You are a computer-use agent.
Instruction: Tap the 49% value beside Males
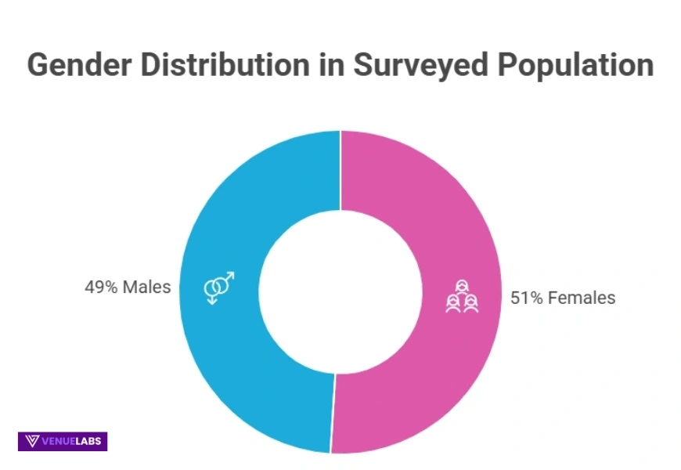coord(101,287)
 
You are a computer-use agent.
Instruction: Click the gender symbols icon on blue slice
coord(218,287)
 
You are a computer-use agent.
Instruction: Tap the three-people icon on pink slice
coord(462,297)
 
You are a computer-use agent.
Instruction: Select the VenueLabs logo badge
coord(63,441)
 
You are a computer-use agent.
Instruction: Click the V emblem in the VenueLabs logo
coord(32,441)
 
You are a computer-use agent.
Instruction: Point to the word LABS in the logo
coord(88,441)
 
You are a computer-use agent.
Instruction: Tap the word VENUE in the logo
coord(59,441)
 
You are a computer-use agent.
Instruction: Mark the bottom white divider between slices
coord(333,413)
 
